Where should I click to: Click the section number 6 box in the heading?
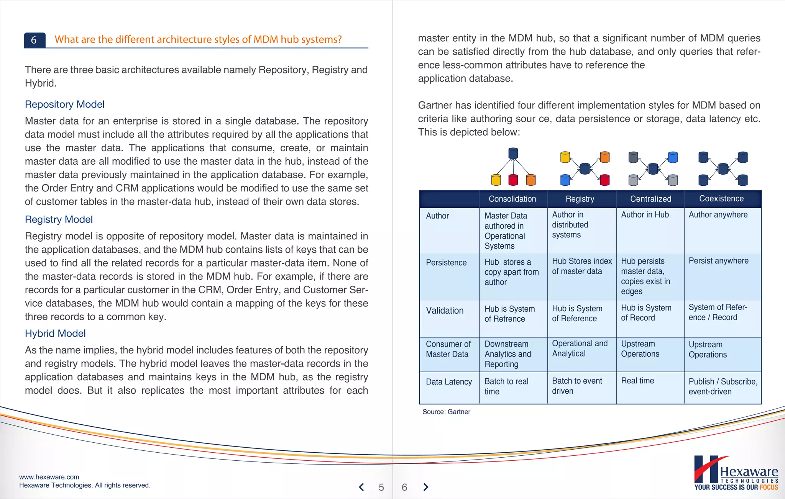(x=34, y=40)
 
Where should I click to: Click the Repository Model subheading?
(x=64, y=104)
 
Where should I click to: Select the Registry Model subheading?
(x=59, y=219)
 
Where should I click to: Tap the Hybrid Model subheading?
(x=55, y=333)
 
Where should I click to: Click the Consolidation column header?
(x=512, y=199)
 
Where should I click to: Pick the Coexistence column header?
(x=721, y=198)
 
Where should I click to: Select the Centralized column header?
(x=650, y=199)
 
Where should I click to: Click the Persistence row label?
(x=446, y=263)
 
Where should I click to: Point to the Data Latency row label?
(x=449, y=382)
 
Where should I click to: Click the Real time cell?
(x=637, y=381)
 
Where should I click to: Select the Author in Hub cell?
(x=645, y=215)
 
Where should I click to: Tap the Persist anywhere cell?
(x=718, y=261)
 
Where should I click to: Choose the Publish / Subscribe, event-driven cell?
(x=723, y=386)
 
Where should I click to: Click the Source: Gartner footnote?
(x=446, y=412)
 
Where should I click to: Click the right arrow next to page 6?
(x=425, y=487)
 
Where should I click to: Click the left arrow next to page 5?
(x=361, y=487)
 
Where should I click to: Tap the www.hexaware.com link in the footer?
(x=49, y=477)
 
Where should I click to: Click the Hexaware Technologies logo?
(x=736, y=473)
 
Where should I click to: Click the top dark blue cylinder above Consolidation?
(x=513, y=154)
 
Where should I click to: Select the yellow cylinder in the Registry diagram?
(x=565, y=157)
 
